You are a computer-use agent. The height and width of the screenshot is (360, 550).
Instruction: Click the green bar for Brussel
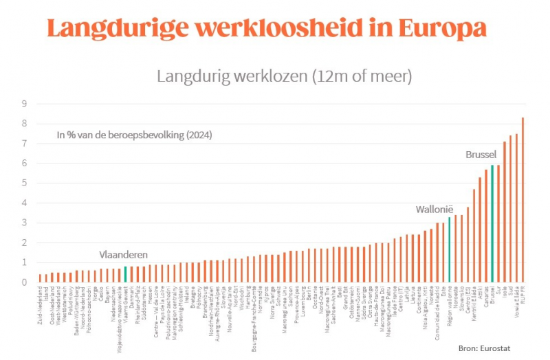click(x=492, y=223)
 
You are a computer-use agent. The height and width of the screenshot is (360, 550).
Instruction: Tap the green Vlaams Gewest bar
click(x=125, y=274)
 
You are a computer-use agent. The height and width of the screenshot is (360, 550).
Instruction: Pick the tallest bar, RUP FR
click(x=522, y=199)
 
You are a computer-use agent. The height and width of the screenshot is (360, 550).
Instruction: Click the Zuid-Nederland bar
click(x=40, y=278)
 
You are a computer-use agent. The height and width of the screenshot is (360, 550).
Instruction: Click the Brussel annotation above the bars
click(x=481, y=155)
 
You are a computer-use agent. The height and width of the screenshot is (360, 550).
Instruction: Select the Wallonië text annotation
click(x=435, y=209)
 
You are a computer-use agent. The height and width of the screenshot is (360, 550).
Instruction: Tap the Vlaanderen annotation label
click(x=124, y=254)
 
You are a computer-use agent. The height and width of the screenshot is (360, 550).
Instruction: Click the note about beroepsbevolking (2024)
click(x=134, y=135)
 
